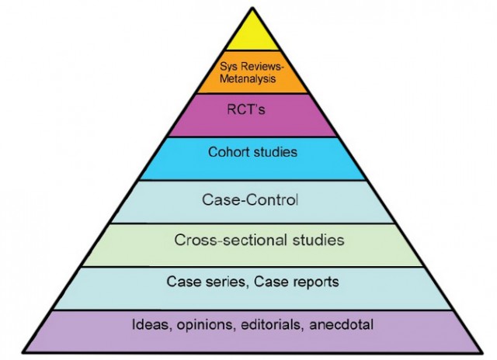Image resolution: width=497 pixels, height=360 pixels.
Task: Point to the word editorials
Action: click(266, 324)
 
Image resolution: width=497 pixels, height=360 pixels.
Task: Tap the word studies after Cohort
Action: click(276, 151)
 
